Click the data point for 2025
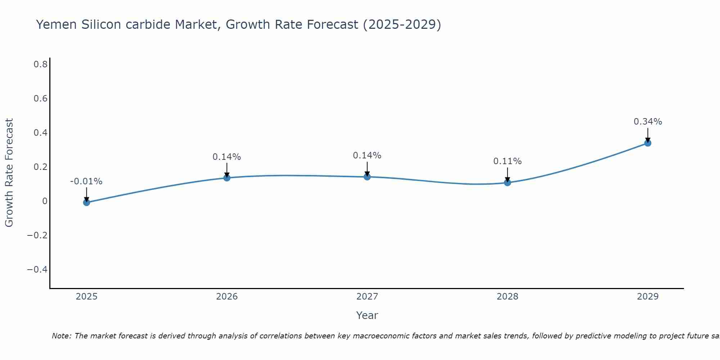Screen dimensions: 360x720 (86, 202)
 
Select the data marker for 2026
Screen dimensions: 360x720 (227, 177)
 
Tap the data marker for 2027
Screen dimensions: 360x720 (367, 177)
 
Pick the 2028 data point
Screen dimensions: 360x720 (508, 183)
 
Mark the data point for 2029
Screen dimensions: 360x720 (648, 143)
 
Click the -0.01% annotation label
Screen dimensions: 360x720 (86, 181)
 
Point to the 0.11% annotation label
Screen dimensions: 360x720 (508, 161)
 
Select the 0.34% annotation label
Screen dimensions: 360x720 (648, 122)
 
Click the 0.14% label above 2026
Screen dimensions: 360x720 (227, 157)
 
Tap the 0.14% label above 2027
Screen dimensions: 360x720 (367, 156)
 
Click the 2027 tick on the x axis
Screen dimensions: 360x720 (367, 297)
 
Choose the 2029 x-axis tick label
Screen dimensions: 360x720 (648, 297)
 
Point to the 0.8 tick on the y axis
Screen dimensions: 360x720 (41, 64)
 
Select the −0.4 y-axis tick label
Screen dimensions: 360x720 (37, 270)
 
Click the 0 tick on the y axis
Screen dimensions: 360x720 (45, 201)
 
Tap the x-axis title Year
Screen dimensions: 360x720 (367, 315)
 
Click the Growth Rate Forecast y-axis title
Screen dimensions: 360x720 (9, 172)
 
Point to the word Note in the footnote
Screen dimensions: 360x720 (62, 336)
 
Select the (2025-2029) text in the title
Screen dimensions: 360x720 (402, 24)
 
